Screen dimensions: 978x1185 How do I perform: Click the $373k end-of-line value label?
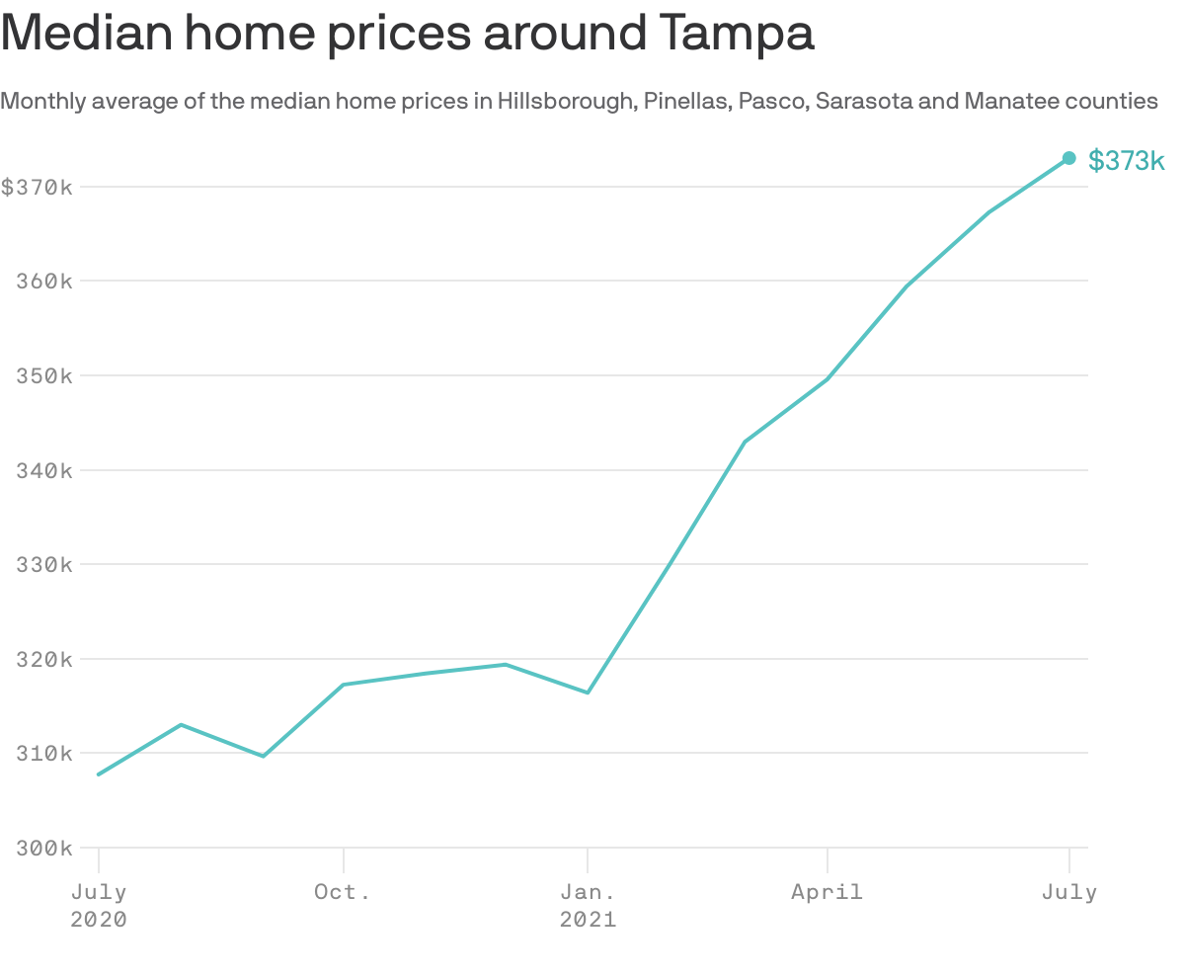1126,160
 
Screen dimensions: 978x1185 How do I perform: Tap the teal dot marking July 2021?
1068,158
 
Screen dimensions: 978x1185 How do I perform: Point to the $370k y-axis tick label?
37,187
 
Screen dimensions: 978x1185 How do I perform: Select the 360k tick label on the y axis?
43,281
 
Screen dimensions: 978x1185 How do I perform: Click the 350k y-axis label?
43,375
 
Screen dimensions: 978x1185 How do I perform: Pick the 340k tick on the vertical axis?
43,470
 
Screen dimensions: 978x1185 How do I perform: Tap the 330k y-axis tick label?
43,564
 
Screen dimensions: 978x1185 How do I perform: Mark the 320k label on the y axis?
43,659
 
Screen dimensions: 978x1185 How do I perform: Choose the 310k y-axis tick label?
43,754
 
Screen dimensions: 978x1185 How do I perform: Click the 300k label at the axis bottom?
43,849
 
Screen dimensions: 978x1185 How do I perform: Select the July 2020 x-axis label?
99,905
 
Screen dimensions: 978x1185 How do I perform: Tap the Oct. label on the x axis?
343,892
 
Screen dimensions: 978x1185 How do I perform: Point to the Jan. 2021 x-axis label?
588,905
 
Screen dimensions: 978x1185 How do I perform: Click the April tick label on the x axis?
827,892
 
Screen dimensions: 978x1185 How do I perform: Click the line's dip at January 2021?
588,693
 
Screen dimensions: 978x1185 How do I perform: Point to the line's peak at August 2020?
181,725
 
